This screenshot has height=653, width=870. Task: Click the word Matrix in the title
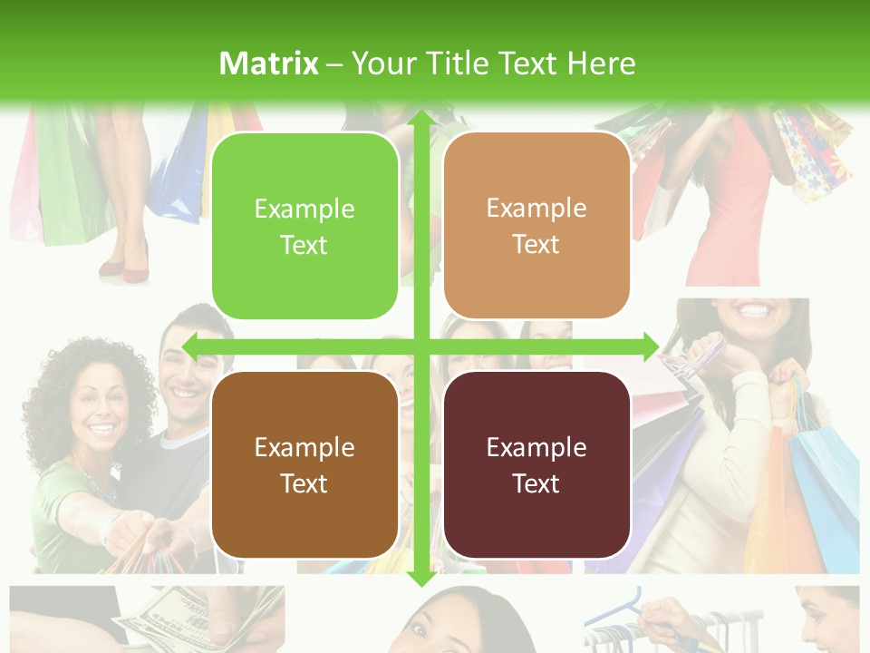(x=269, y=63)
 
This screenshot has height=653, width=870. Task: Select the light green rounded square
(x=304, y=226)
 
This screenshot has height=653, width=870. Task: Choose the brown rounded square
(x=304, y=464)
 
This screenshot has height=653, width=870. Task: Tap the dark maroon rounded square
(x=536, y=464)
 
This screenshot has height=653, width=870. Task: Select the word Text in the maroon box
(x=536, y=483)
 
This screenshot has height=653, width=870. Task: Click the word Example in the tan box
(x=536, y=209)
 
